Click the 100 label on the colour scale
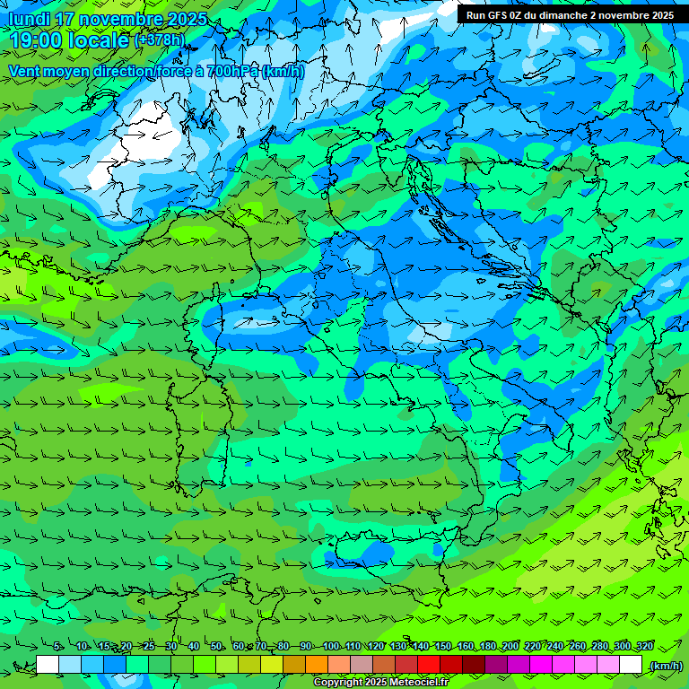tap(331, 646)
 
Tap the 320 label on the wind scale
tap(644, 646)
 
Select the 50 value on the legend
tap(216, 646)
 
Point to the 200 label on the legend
tap(510, 646)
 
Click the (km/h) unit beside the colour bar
tap(666, 665)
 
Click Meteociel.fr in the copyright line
tap(420, 683)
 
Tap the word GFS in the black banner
tap(500, 15)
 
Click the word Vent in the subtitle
tap(25, 71)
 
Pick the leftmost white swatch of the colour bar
tap(48, 665)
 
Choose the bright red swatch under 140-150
tap(429, 665)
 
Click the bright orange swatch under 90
tap(317, 665)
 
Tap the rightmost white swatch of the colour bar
tap(631, 665)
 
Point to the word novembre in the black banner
tap(624, 15)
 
